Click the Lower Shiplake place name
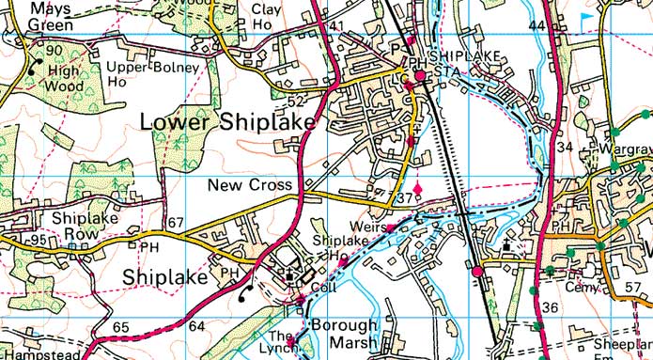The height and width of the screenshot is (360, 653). coord(229,122)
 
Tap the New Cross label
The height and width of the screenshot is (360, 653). coord(250,185)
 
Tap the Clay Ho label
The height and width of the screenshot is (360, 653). coord(268,16)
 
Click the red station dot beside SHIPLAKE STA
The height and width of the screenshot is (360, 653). coord(420,75)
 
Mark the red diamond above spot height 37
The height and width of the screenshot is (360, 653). coord(418,189)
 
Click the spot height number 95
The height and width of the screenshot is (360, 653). coord(38,241)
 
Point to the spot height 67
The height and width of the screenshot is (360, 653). coord(176,223)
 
